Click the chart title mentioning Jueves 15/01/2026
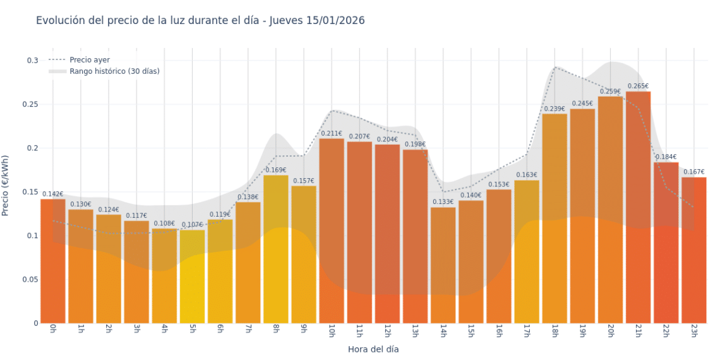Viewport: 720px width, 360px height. pyautogui.click(x=200, y=21)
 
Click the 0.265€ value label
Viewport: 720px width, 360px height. pyautogui.click(x=638, y=86)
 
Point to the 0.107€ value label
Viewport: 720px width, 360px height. pyautogui.click(x=192, y=225)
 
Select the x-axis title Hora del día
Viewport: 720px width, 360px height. pyautogui.click(x=373, y=349)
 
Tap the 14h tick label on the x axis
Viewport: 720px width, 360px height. pyautogui.click(x=443, y=330)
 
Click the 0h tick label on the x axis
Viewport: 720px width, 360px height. pyautogui.click(x=52, y=329)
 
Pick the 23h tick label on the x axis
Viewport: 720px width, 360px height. pyautogui.click(x=693, y=330)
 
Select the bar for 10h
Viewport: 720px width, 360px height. pyautogui.click(x=332, y=231)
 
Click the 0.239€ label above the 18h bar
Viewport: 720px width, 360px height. pyautogui.click(x=555, y=109)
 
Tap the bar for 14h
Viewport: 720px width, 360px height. pyautogui.click(x=443, y=265)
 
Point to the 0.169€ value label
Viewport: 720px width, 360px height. pyautogui.click(x=275, y=170)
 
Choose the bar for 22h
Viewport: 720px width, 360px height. pyautogui.click(x=666, y=243)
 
